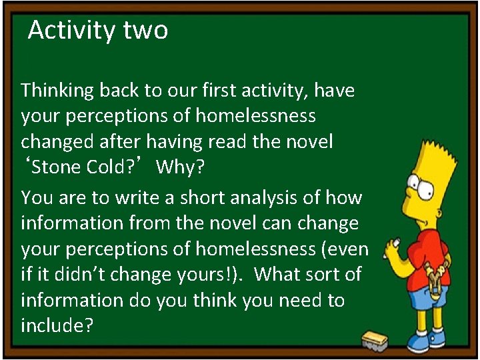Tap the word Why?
coord(181,167)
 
